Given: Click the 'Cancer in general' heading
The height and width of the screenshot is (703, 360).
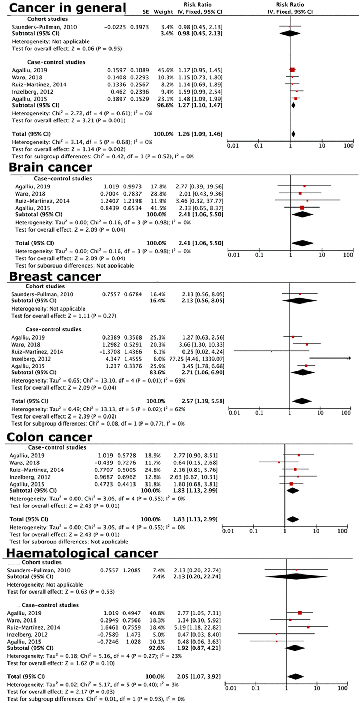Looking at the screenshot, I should tap(67, 8).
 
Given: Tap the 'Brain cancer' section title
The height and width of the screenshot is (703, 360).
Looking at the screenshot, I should tap(50, 167).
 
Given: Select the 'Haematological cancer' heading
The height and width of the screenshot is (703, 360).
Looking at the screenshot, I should tap(82, 553).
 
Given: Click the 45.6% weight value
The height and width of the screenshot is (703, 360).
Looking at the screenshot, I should tap(165, 70).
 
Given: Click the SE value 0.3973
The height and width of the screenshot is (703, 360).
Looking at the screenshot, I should tap(139, 27).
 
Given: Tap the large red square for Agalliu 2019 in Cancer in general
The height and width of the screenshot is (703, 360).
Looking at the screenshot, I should tap(293, 70).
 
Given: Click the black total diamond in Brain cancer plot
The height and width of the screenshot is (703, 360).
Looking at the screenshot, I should tap(302, 243).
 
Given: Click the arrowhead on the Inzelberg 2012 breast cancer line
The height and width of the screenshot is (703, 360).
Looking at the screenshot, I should tap(349, 359).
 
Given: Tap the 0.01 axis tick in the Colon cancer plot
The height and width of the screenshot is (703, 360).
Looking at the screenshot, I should tap(228, 531).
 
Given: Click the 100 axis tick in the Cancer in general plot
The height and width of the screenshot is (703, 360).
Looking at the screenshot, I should tap(348, 146).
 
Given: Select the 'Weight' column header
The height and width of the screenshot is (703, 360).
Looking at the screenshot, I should tap(163, 12).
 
